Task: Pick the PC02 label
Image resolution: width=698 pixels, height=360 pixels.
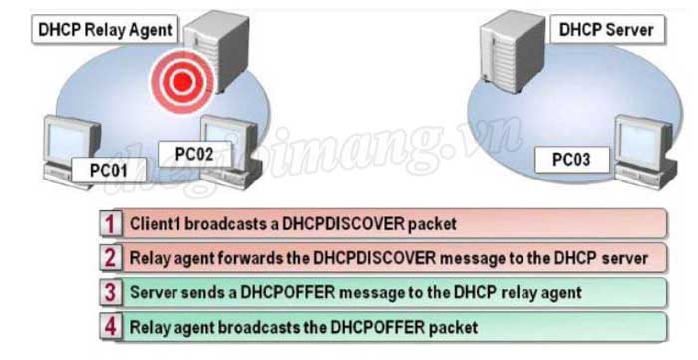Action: (195, 154)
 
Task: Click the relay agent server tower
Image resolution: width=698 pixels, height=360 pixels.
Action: (211, 45)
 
